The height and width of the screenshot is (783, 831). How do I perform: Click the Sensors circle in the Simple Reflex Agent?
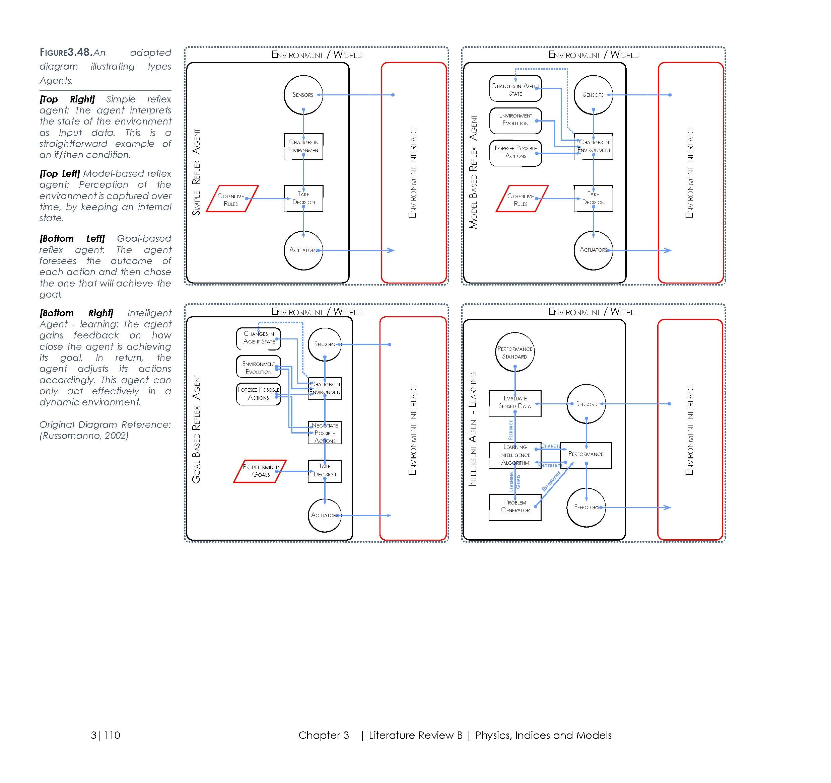click(303, 94)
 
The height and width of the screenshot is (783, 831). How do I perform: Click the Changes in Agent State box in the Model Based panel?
click(515, 89)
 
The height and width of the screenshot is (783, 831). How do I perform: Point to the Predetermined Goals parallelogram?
click(260, 471)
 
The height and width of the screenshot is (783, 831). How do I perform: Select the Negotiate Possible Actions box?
click(325, 433)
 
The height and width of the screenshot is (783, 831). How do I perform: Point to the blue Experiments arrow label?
click(551, 481)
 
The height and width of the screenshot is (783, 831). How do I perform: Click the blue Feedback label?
click(510, 430)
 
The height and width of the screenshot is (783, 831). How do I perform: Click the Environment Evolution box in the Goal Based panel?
click(258, 367)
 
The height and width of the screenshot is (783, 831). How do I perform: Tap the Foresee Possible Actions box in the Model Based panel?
click(515, 153)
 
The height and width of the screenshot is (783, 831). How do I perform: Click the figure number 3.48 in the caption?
click(80, 52)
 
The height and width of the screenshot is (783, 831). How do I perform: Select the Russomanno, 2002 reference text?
click(84, 436)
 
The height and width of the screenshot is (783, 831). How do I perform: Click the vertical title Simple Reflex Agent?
click(196, 172)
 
